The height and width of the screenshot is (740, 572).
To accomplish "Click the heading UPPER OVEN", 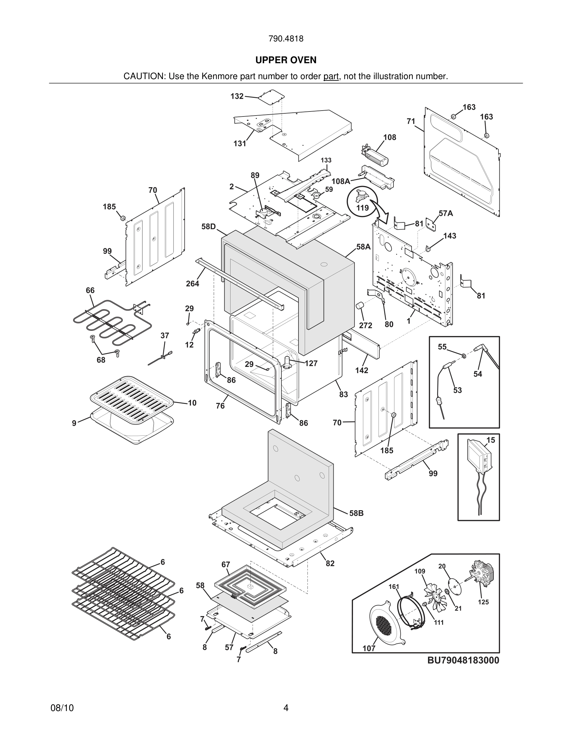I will tap(286, 60).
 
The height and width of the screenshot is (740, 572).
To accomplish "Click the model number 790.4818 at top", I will tap(286, 39).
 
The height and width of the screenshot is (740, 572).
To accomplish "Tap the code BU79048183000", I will tap(463, 660).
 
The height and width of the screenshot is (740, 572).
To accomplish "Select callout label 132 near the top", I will tap(237, 96).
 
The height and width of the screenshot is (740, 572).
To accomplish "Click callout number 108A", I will tap(341, 181).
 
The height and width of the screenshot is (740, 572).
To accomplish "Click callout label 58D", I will tap(208, 226).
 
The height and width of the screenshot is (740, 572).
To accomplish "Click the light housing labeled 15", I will tap(479, 456).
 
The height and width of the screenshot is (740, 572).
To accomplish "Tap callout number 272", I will tap(366, 325).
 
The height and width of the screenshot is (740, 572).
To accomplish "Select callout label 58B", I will tap(356, 513).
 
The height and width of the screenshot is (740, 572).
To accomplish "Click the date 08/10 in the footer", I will tap(62, 708).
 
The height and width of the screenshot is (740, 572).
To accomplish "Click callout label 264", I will tap(193, 284).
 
